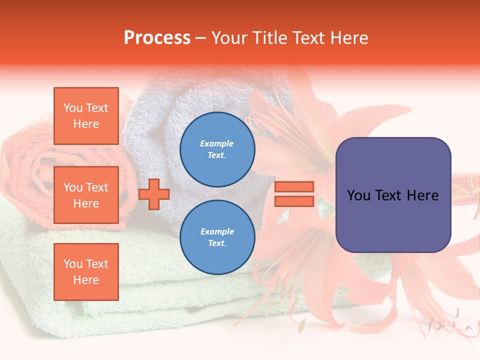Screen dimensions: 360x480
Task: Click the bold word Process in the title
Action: click(x=157, y=38)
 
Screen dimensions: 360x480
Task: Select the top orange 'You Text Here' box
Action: click(x=86, y=116)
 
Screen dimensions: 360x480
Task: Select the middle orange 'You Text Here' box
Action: click(x=86, y=195)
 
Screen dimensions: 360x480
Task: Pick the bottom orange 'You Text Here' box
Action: click(x=86, y=272)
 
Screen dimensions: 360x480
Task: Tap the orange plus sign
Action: click(x=154, y=194)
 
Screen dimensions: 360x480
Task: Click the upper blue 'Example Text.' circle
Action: click(x=217, y=149)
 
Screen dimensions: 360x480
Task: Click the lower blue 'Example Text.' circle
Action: click(x=217, y=237)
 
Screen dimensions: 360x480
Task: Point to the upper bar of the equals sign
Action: click(x=294, y=186)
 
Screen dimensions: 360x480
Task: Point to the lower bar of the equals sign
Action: click(x=294, y=201)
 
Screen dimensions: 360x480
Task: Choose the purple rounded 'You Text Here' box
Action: click(x=393, y=195)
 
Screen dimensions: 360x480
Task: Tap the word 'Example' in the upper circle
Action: click(x=217, y=143)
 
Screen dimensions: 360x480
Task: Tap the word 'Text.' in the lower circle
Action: click(x=217, y=243)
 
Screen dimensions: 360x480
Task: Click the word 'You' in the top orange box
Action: click(x=73, y=108)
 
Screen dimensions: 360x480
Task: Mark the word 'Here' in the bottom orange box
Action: click(x=86, y=280)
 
